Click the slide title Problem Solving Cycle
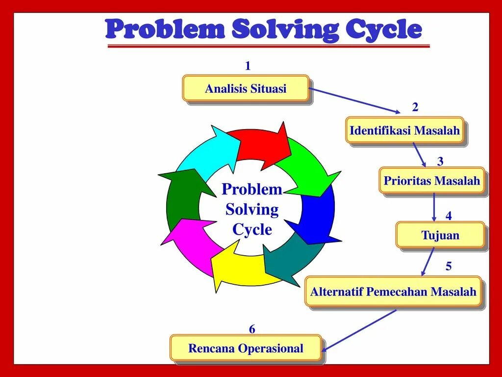click(264, 29)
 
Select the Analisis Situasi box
click(246, 89)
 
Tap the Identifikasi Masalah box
click(404, 131)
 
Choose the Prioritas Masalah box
click(432, 181)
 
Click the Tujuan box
click(440, 235)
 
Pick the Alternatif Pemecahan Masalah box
click(393, 292)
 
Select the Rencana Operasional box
click(246, 349)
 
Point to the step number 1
click(248, 66)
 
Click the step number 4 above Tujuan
click(449, 216)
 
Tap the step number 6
click(252, 329)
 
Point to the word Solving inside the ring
click(252, 210)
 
